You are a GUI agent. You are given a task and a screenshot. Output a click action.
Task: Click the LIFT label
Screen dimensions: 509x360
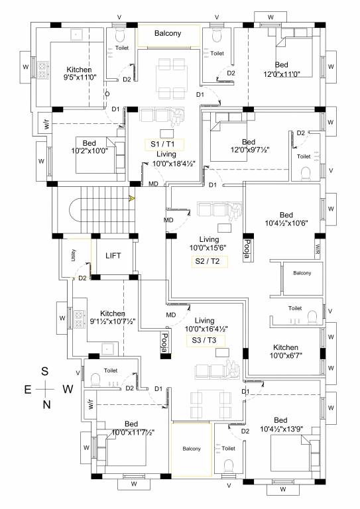tap(113, 255)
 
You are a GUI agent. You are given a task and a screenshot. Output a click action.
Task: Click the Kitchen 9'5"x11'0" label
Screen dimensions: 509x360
tap(79, 74)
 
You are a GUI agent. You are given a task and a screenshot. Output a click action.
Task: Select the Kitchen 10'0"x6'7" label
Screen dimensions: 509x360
tap(286, 352)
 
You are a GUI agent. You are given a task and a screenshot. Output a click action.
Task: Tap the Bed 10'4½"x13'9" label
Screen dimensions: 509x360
tap(280, 425)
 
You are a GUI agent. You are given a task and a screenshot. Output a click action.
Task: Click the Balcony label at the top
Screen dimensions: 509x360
tap(168, 33)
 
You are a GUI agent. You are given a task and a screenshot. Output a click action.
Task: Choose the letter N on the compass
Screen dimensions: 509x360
tap(45, 404)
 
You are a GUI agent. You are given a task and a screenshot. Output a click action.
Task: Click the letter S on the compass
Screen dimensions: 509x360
tap(45, 371)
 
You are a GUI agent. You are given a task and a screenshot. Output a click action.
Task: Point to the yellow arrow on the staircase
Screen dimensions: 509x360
tap(132, 197)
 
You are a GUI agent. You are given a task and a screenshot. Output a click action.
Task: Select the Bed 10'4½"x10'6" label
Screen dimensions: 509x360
tap(286, 219)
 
